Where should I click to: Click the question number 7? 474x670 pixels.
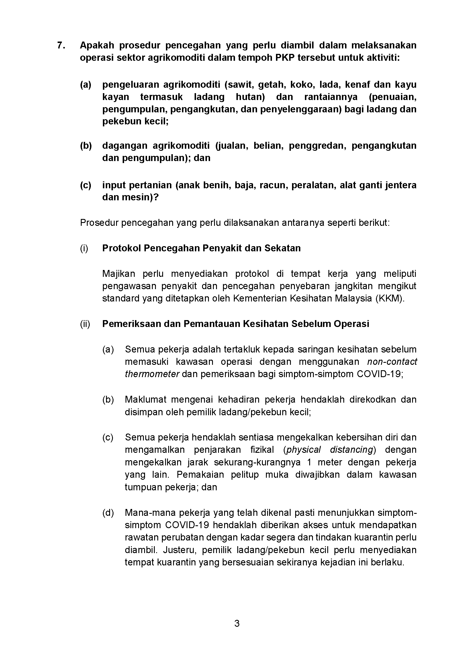point(61,46)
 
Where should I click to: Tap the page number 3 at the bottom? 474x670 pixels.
point(237,623)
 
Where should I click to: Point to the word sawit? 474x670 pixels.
point(240,85)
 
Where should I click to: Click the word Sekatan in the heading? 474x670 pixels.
point(283,248)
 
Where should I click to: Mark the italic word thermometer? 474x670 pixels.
point(152,374)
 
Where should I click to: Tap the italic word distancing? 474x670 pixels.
point(352,450)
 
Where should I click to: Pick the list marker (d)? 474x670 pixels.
point(108,513)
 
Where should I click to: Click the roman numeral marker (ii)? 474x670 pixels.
point(85,324)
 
